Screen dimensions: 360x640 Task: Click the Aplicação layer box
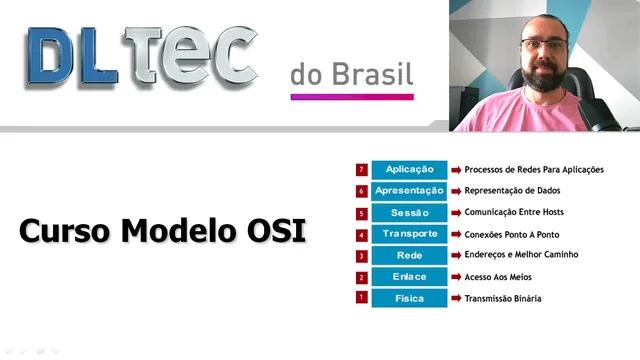(408, 169)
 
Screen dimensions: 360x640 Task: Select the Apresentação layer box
(408, 191)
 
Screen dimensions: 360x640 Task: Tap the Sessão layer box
(408, 212)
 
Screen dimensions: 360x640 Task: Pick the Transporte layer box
(408, 234)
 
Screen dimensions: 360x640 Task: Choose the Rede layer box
(408, 255)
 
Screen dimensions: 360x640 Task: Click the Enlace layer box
(408, 277)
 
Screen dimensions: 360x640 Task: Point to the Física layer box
(408, 298)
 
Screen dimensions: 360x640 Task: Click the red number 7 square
(361, 169)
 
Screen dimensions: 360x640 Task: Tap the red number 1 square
(361, 297)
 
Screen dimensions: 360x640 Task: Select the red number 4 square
(361, 234)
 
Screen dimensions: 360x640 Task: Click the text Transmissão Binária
(503, 299)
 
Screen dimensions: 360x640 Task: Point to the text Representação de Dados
(511, 191)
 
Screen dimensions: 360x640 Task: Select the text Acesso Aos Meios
(499, 277)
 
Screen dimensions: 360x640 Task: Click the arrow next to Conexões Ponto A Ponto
(455, 234)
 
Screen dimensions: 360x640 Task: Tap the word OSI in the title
(275, 232)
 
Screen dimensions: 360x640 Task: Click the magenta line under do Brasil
(351, 97)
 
